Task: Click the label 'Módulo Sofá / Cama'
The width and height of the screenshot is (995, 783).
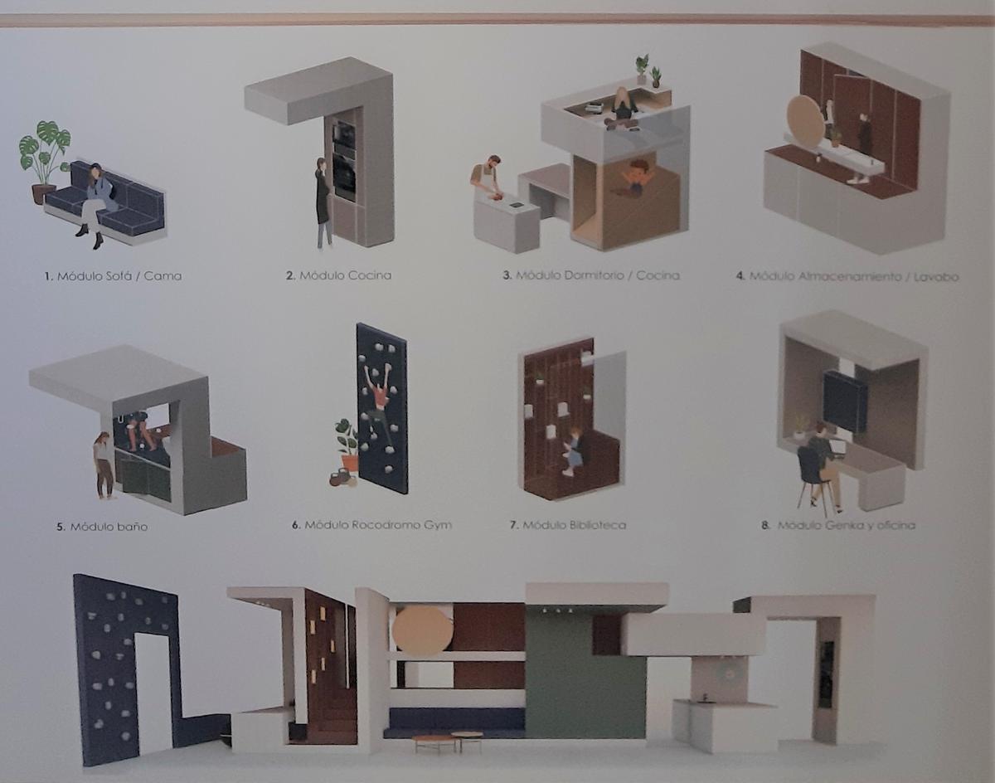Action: pos(119,276)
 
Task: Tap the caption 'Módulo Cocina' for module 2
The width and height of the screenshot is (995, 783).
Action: pos(346,275)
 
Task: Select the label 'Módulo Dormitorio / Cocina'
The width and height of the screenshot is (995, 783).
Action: pos(597,275)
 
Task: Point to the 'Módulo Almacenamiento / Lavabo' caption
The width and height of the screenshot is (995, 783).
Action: pos(853,276)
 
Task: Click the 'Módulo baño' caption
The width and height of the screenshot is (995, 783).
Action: pos(109,527)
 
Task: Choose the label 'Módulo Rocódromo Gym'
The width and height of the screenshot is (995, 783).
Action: pos(378,525)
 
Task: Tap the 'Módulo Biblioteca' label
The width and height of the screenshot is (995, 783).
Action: pos(575,525)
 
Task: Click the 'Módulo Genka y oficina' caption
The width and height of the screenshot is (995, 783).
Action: pos(846,525)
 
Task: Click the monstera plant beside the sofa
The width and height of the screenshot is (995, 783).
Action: pos(44,159)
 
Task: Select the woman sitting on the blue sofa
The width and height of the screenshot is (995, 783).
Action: pos(96,204)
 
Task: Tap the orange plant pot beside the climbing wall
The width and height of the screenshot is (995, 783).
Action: pos(350,463)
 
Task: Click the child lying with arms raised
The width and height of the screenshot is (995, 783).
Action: pos(634,178)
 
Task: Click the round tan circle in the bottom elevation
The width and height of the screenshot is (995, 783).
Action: pos(422,631)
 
